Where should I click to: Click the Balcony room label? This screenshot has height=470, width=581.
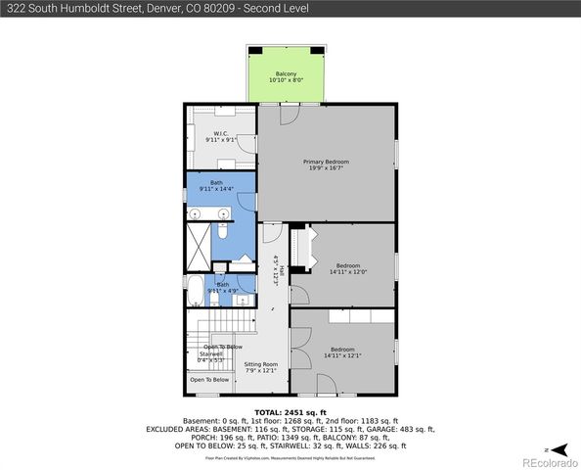point(286,77)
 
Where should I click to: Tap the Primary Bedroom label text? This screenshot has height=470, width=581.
point(326,165)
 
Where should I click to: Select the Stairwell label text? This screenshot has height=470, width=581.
point(212,357)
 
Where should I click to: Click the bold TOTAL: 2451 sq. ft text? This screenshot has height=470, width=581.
point(290,412)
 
